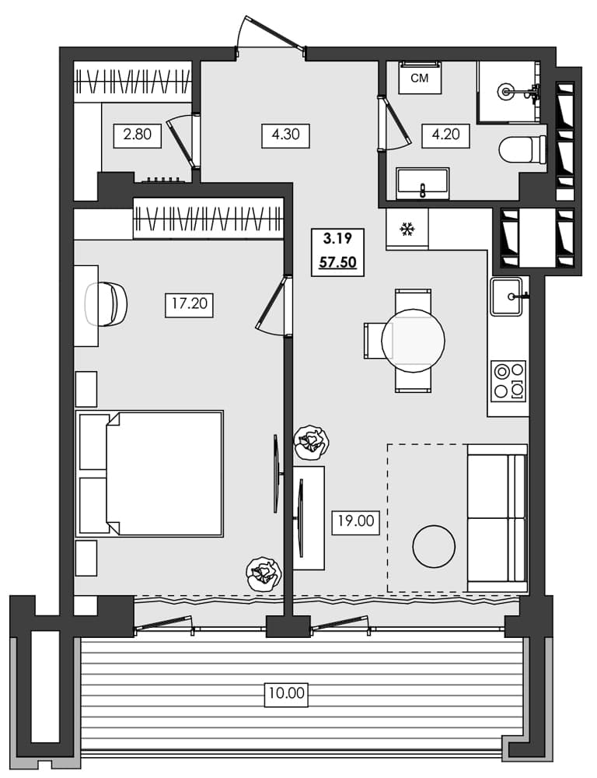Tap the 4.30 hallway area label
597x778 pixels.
286,135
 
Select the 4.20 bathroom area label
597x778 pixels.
445,135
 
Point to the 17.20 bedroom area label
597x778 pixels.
189,303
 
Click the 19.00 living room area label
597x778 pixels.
355,521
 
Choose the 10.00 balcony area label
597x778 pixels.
286,691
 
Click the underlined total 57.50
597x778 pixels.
338,262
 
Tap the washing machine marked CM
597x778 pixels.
420,78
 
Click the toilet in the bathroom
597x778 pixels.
522,149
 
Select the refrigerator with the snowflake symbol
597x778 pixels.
407,230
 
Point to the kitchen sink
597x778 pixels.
509,296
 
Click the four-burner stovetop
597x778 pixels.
508,381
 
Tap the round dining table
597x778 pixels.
413,340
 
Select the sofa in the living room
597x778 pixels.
497,517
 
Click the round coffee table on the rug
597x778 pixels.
433,546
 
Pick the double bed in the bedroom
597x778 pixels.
151,473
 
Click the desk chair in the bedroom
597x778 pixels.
107,304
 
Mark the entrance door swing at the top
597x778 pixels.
270,35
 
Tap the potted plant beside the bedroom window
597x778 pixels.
263,574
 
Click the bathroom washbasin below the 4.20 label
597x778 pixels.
422,184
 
